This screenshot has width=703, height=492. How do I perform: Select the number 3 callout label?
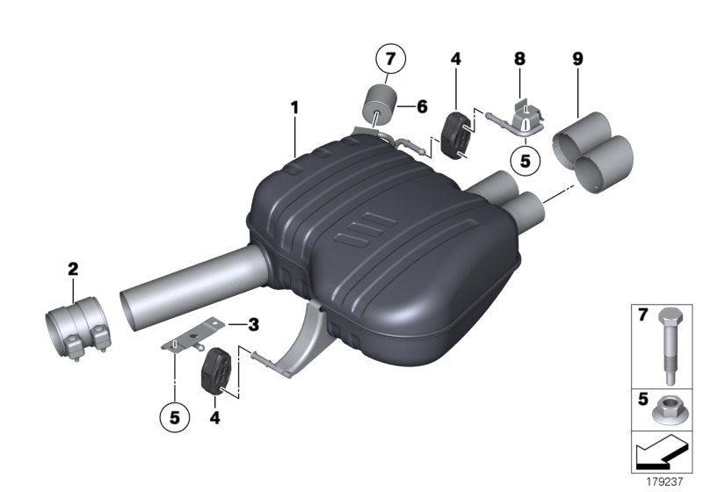coord(253,324)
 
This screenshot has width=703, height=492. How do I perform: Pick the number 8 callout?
coord(519,60)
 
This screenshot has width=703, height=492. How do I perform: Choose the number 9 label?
coord(577,60)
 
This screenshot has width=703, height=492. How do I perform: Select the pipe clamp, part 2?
coord(77,327)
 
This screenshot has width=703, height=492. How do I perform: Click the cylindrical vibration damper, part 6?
coord(379,105)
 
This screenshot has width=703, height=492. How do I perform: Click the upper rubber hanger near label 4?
coord(454,135)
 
